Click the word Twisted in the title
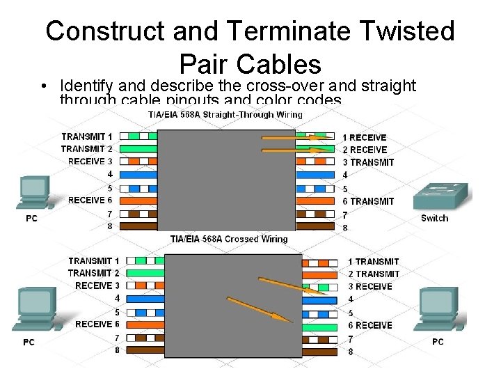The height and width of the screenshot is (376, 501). [x=402, y=31]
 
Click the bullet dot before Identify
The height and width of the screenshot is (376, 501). [x=43, y=86]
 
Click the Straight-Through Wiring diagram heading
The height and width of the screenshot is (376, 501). [x=225, y=114]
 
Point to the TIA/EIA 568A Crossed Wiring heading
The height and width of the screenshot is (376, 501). [x=229, y=239]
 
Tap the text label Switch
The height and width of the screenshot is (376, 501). [x=435, y=218]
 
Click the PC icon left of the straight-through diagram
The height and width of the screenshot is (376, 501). [x=34, y=192]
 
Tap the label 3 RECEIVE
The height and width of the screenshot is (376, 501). [x=369, y=286]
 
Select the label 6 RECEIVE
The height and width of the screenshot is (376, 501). [x=369, y=325]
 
